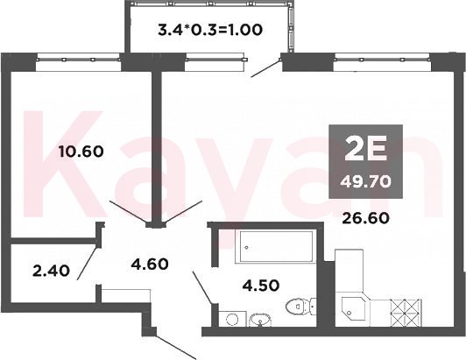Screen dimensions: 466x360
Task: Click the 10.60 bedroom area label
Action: pyautogui.click(x=81, y=152)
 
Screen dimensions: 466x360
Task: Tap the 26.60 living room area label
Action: pyautogui.click(x=365, y=218)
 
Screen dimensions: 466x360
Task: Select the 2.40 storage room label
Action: pyautogui.click(x=52, y=271)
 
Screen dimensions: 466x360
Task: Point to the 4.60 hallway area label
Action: pyautogui.click(x=150, y=264)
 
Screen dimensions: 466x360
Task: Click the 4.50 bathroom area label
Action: pyautogui.click(x=261, y=286)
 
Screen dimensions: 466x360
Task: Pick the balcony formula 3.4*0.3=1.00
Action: pyautogui.click(x=210, y=30)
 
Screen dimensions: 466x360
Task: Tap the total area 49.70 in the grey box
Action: pyautogui.click(x=365, y=181)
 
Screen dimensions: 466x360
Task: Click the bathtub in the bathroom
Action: pyautogui.click(x=275, y=246)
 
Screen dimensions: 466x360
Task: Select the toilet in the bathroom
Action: pyautogui.click(x=300, y=307)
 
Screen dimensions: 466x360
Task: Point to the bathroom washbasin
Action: pyautogui.click(x=260, y=320)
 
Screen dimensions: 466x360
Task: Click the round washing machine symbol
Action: pyautogui.click(x=232, y=320)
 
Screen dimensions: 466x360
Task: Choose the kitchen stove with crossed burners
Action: pyautogui.click(x=405, y=313)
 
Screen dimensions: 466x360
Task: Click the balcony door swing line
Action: pyautogui.click(x=266, y=67)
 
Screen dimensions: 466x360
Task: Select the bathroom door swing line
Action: pyautogui.click(x=202, y=287)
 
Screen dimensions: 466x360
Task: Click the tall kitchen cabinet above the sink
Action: pyautogui.click(x=349, y=273)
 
